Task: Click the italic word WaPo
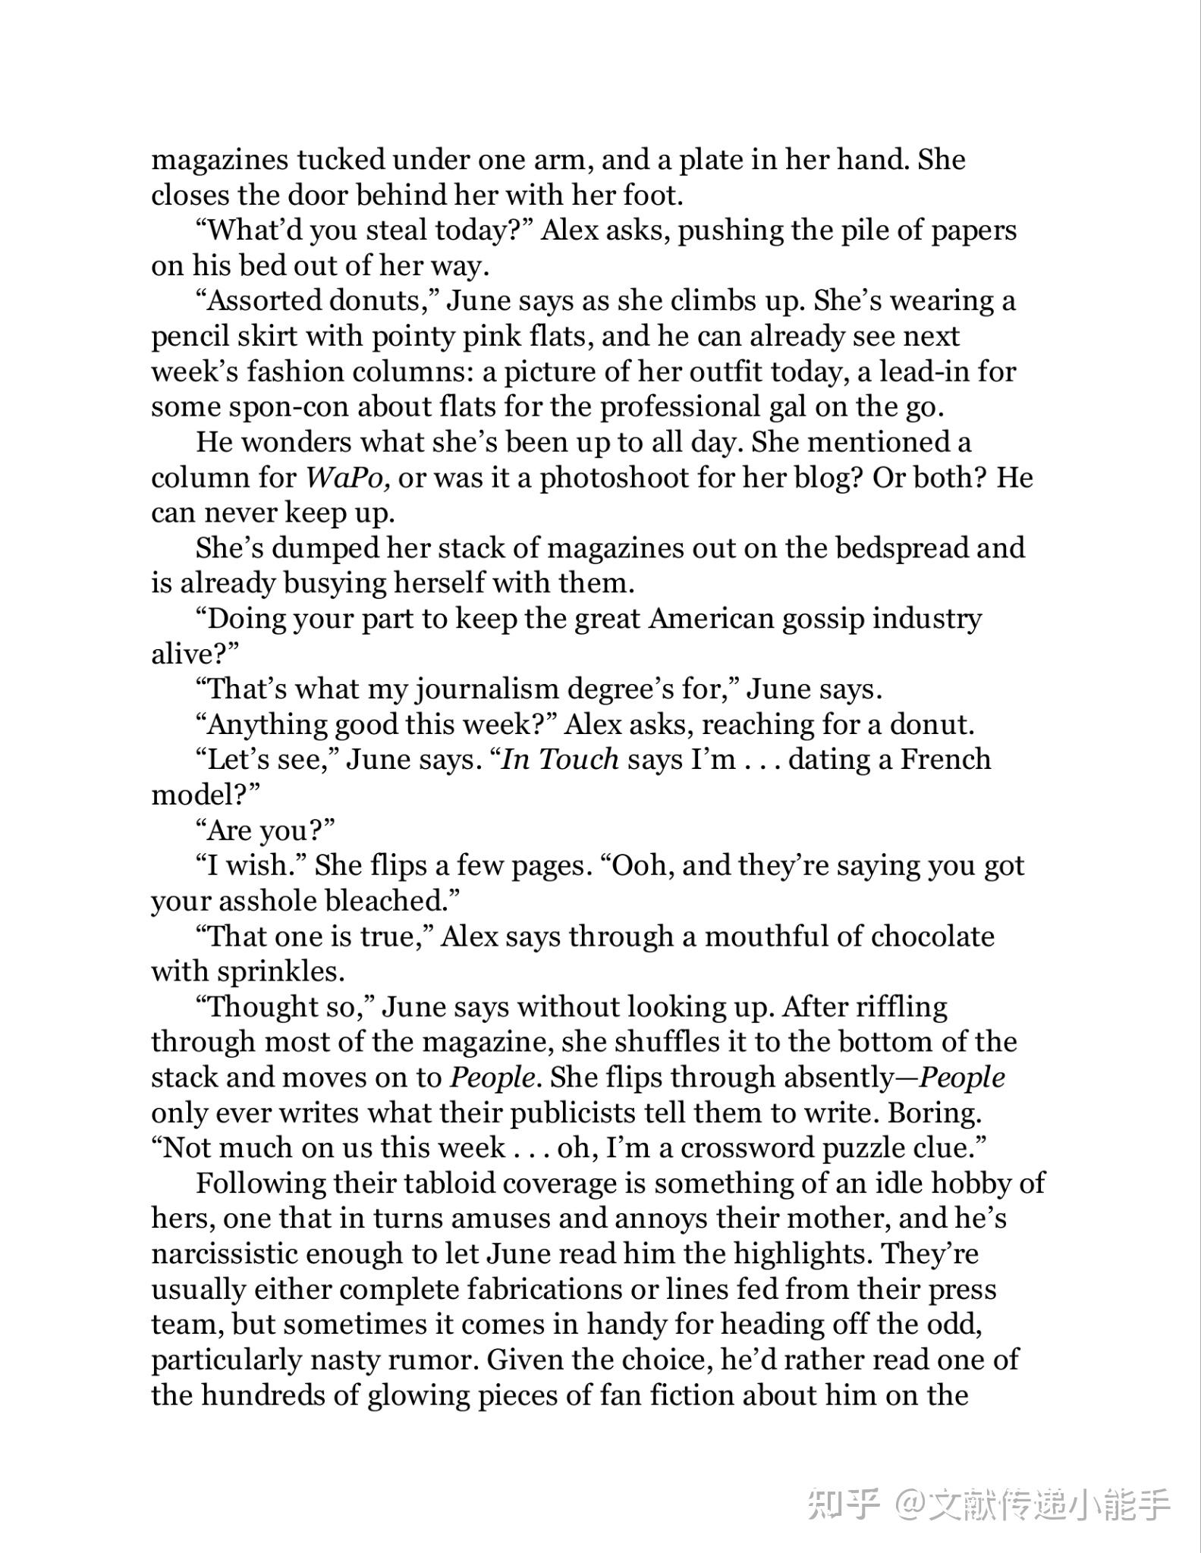click(347, 478)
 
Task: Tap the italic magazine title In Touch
click(561, 760)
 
